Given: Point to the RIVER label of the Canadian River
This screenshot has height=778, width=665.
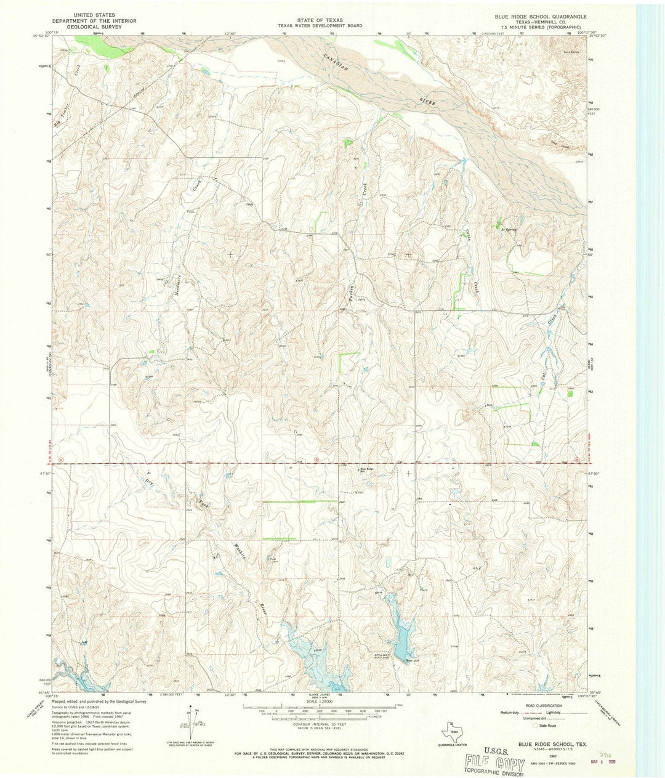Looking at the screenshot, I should [x=427, y=102].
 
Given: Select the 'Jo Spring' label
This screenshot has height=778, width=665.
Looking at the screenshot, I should [x=509, y=229].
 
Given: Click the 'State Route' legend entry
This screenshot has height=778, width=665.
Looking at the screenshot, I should [x=547, y=726].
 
